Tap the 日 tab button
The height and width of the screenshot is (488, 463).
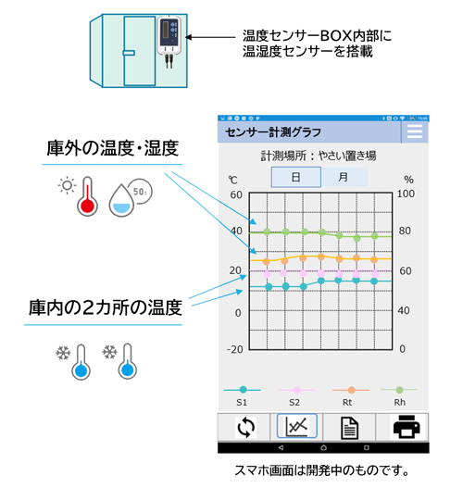tap(296, 177)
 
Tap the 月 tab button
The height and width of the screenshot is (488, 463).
tap(344, 177)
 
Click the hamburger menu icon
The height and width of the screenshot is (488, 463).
tap(415, 131)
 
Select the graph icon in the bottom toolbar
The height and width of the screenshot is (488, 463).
tap(297, 426)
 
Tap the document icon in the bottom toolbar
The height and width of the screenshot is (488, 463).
tap(349, 428)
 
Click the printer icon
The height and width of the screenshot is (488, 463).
tap(407, 427)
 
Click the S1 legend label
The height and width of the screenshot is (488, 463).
tap(242, 403)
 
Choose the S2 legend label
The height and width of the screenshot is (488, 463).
tap(294, 403)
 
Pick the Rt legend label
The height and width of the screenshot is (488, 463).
tap(347, 403)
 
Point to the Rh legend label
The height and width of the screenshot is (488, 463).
tap(400, 403)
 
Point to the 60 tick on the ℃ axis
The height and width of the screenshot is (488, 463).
tap(236, 194)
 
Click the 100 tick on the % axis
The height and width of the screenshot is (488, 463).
tap(406, 194)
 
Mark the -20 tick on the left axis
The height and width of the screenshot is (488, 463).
tap(235, 349)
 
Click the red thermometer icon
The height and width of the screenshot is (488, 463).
tap(87, 196)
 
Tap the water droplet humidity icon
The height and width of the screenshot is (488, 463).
tap(121, 201)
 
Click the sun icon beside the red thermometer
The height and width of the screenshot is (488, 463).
tap(67, 186)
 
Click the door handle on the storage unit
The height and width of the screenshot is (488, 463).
tap(129, 53)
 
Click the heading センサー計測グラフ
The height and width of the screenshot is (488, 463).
tap(273, 132)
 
